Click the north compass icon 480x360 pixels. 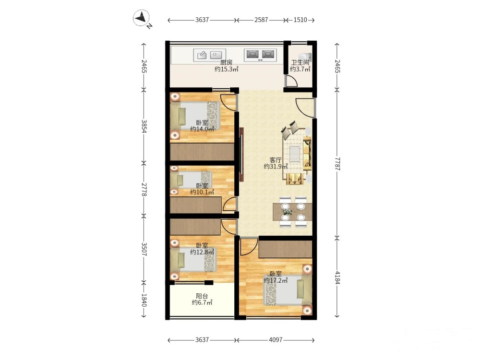(141, 18)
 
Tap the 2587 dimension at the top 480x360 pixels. (261, 20)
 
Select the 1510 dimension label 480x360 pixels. (300, 20)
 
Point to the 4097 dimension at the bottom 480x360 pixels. (276, 340)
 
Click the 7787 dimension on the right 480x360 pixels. (337, 164)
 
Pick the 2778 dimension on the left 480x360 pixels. (144, 190)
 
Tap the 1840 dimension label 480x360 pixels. (144, 300)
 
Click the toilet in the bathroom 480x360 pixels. (305, 57)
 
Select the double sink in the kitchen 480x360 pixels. (260, 55)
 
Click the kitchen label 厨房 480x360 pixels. (227, 62)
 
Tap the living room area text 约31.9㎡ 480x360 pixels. (276, 167)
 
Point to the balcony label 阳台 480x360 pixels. (202, 296)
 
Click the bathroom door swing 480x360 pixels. (291, 80)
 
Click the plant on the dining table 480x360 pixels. (287, 212)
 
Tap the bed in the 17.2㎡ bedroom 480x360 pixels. (288, 289)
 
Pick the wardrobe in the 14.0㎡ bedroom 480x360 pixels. (202, 152)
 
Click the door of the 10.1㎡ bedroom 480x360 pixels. (230, 204)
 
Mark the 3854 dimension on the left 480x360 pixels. (144, 125)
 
